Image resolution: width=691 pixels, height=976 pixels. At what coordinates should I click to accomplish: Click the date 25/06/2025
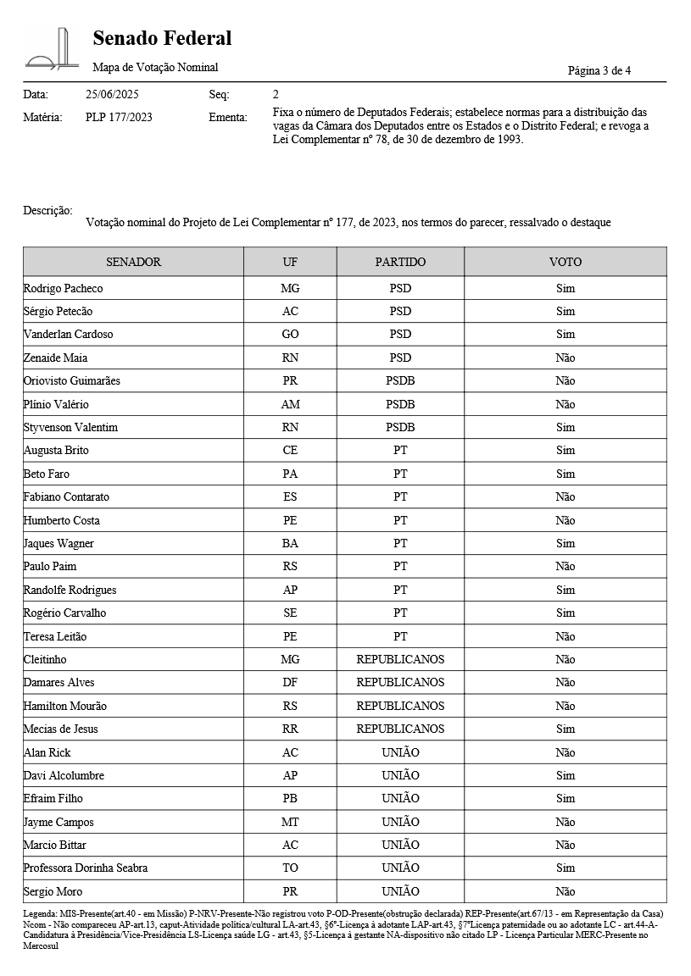pos(112,94)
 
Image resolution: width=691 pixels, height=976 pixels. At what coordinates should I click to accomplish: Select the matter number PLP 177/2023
pos(119,118)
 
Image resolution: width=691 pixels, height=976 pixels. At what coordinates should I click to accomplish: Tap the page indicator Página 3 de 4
pos(599,70)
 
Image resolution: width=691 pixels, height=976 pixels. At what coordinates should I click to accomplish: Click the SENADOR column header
pos(133,262)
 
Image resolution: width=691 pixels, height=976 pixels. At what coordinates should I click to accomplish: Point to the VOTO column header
pos(565,262)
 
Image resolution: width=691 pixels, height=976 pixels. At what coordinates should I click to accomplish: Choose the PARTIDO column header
pos(400,262)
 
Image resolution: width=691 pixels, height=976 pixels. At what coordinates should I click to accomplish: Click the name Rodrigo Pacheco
pos(63,288)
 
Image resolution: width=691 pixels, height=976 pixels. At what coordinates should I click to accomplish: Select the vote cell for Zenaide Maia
pos(565,358)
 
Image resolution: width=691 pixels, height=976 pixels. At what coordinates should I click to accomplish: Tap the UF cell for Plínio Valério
pos(290,404)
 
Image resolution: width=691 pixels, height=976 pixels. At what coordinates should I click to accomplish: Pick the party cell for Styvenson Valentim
pos(400,427)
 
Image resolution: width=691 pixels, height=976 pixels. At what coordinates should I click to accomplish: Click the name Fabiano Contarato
pos(66,496)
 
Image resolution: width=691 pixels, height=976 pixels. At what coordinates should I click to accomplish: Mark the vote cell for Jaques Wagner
pos(565,543)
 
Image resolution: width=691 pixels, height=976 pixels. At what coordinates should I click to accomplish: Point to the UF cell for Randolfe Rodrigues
pos(290,590)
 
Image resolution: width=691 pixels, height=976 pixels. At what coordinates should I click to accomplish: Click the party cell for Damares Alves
pos(400,682)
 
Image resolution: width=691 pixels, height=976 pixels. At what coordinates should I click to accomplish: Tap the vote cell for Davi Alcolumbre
pos(565,775)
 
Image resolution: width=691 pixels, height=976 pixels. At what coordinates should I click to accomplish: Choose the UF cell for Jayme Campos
pos(290,822)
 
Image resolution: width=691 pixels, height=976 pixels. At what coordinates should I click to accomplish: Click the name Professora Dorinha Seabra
pos(85,868)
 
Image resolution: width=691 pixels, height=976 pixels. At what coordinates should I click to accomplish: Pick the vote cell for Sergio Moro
pos(565,891)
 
